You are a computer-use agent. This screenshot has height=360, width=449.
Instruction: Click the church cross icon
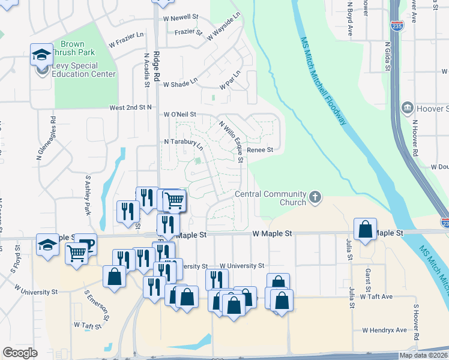tap(315, 197)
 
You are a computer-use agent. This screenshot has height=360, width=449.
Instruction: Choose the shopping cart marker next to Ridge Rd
tap(174, 200)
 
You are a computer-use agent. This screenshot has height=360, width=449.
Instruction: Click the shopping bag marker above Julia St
tap(365, 229)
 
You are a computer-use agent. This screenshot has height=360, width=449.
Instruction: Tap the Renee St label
tap(261, 150)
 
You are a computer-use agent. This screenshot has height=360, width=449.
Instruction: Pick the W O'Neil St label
tap(180, 114)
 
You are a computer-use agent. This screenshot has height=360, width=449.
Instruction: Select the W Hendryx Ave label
tap(384, 330)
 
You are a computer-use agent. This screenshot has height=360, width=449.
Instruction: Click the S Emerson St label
tap(97, 307)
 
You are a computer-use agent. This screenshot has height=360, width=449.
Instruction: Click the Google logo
tap(20, 353)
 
